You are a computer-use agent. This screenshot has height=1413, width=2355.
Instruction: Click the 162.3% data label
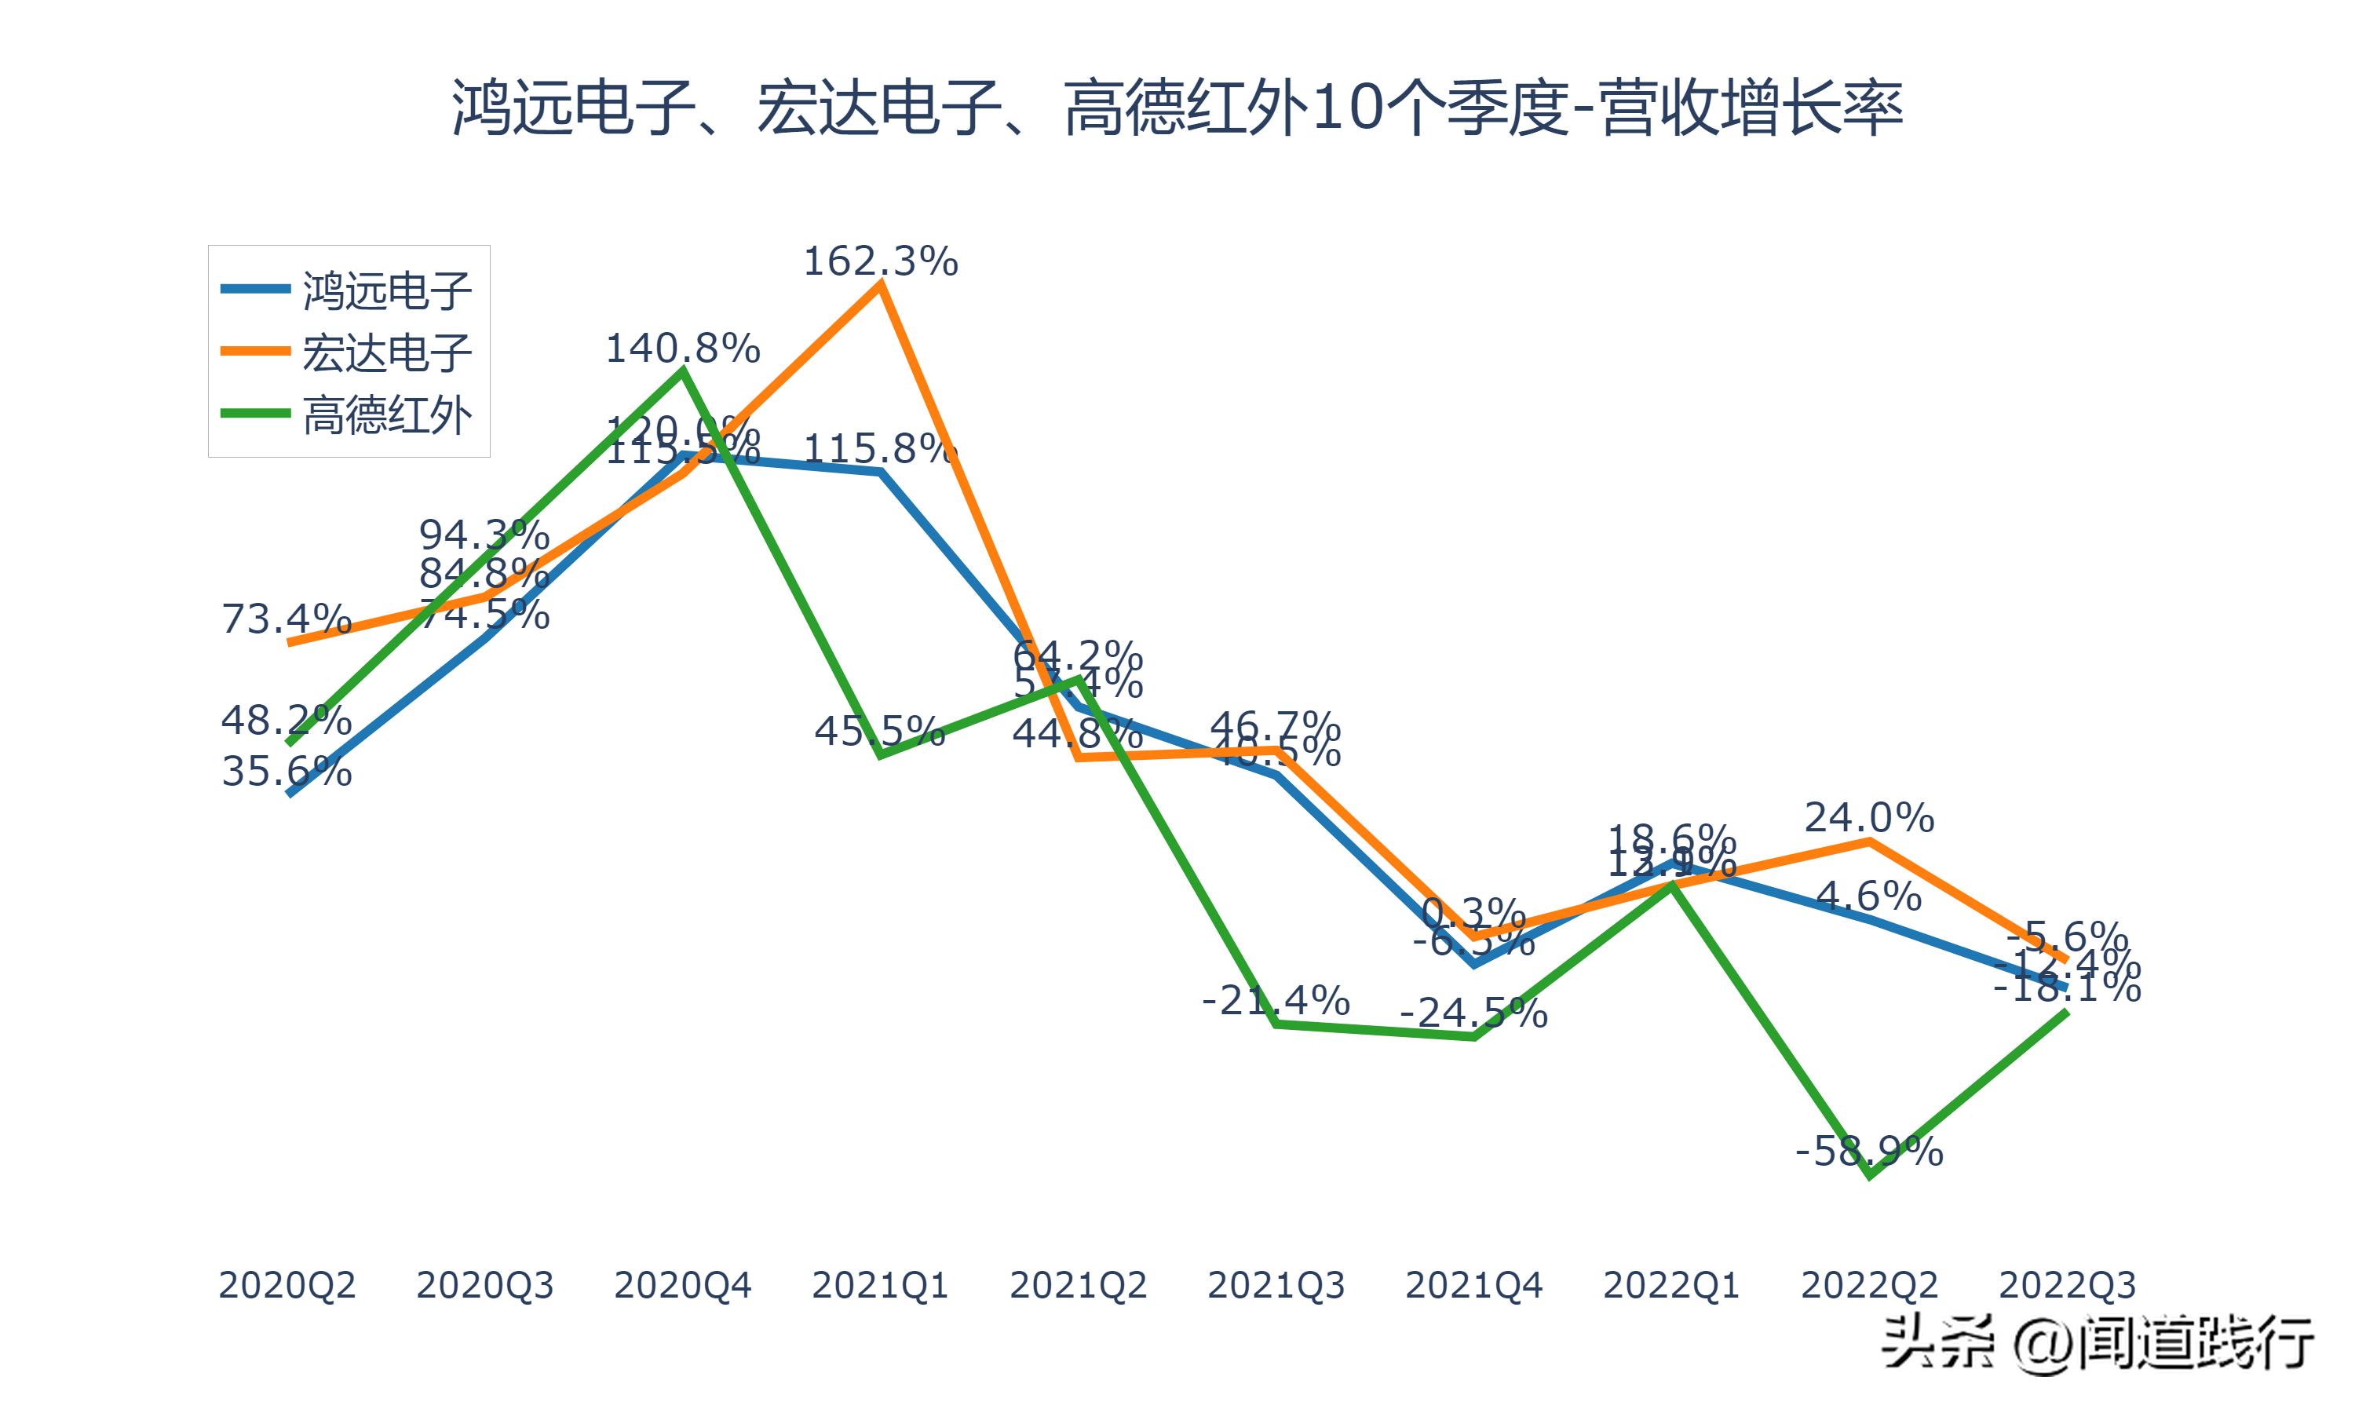click(x=881, y=261)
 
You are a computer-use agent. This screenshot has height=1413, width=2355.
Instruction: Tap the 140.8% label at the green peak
click(x=682, y=349)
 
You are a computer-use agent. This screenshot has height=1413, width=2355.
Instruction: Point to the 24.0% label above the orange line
click(x=1868, y=818)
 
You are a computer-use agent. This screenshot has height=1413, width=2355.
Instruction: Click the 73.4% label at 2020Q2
click(x=287, y=619)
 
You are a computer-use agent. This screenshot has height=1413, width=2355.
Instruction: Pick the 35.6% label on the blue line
click(x=287, y=771)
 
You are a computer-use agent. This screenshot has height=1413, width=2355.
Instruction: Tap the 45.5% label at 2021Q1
click(x=879, y=732)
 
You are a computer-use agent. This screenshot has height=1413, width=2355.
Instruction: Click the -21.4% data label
click(x=1276, y=1001)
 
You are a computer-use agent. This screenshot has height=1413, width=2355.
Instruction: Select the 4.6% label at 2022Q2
click(x=1868, y=896)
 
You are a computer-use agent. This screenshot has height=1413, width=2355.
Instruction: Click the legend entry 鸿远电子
click(x=386, y=290)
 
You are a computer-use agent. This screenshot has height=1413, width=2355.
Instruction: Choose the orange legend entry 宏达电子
click(x=386, y=352)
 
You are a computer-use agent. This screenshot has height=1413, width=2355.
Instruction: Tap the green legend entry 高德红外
click(x=386, y=415)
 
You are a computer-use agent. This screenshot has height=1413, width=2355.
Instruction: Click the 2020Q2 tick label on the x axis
click(x=287, y=1285)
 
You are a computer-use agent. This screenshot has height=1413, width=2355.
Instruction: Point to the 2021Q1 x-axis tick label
click(x=879, y=1285)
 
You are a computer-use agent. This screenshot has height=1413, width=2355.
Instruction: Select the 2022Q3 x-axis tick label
click(x=2067, y=1285)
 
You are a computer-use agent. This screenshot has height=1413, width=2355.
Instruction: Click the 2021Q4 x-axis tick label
click(x=1473, y=1285)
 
